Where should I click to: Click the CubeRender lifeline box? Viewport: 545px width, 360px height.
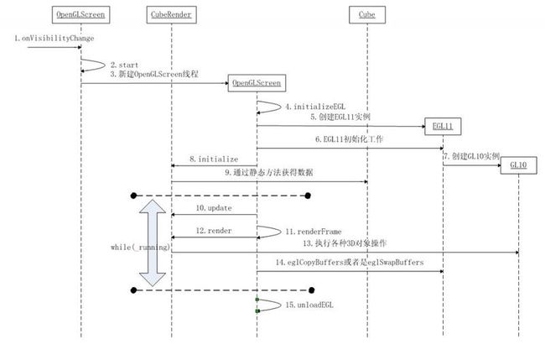171,14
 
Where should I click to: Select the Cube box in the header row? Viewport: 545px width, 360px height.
367,14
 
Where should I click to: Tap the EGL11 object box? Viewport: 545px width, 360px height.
443,126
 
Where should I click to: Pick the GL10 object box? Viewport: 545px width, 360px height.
518,164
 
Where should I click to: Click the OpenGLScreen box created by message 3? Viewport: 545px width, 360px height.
257,83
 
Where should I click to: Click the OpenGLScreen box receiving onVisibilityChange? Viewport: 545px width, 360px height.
81,14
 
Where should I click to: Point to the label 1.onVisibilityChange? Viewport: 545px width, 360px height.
54,39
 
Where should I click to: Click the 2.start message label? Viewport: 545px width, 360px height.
124,65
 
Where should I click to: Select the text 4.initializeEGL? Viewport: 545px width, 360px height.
315,107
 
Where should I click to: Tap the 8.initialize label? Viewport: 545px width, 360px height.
214,159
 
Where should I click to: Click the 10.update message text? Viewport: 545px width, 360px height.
214,208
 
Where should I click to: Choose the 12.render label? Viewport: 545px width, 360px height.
214,231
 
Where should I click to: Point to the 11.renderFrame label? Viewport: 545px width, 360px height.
314,232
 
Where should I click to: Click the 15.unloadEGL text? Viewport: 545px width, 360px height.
309,305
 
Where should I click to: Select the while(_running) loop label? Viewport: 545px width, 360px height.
140,248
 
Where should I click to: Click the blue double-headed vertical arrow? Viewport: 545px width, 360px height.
153,243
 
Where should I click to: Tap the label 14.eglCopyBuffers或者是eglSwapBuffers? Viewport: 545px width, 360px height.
350,263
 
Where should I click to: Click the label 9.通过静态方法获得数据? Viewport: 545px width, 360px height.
269,173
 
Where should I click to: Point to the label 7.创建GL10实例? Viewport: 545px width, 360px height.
472,156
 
